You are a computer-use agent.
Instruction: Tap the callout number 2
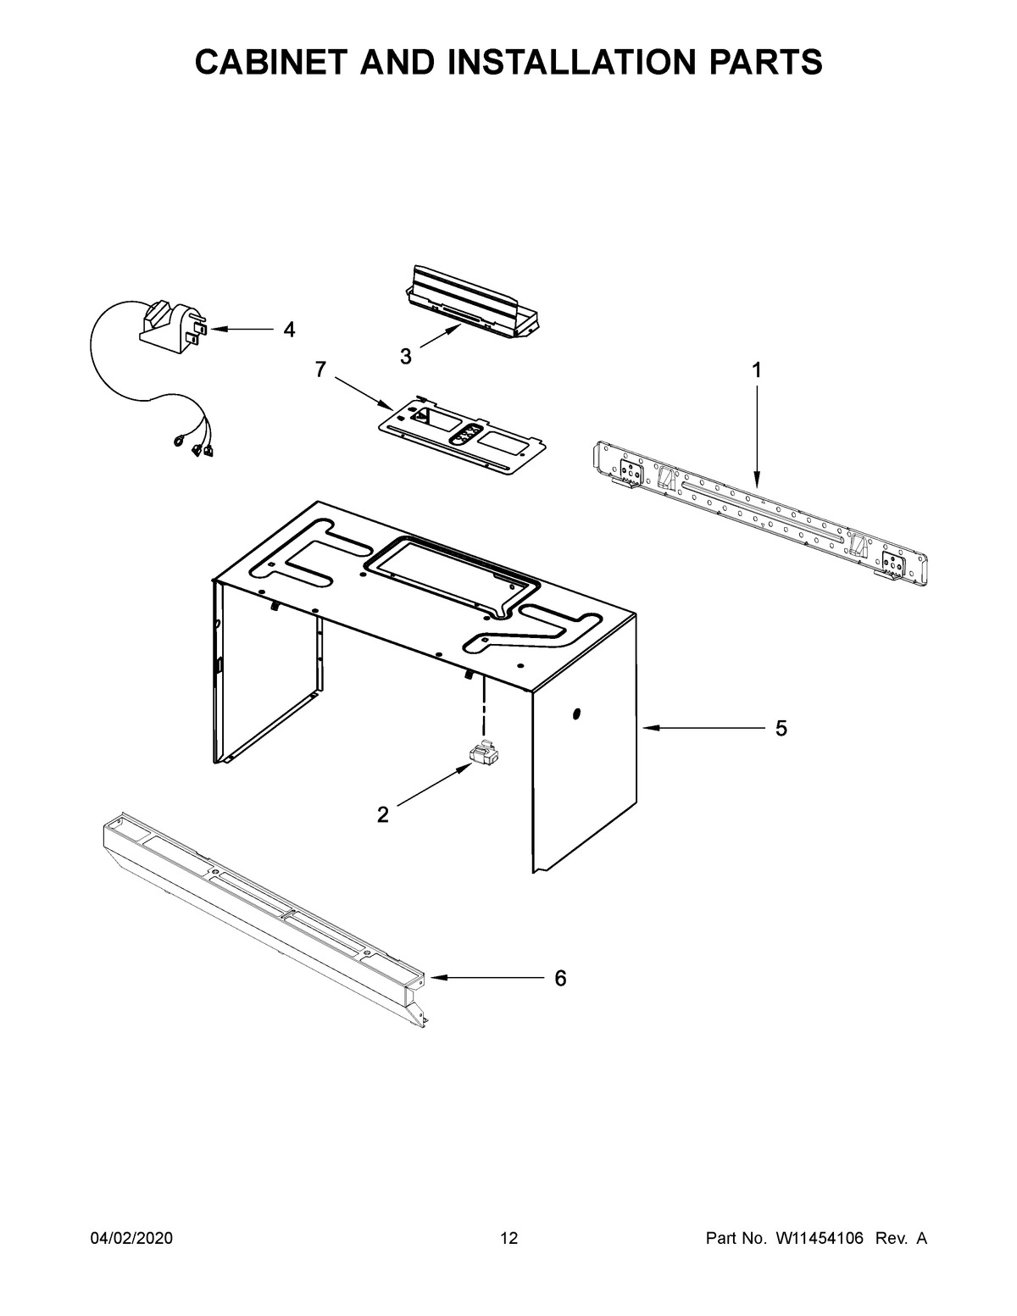[x=382, y=815]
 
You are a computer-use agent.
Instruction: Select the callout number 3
[x=406, y=357]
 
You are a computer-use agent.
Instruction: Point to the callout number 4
[x=289, y=330]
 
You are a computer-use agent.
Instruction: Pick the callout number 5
[x=781, y=728]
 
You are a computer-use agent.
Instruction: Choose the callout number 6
[x=559, y=978]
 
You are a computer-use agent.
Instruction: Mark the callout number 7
[x=320, y=369]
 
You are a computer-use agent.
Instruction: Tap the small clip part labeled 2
[x=483, y=753]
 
